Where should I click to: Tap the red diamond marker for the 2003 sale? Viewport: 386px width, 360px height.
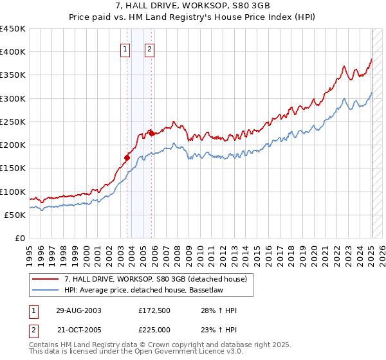(x=127, y=156)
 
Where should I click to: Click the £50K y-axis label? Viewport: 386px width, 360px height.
(x=15, y=215)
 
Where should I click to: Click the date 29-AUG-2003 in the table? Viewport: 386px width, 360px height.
(x=78, y=310)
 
